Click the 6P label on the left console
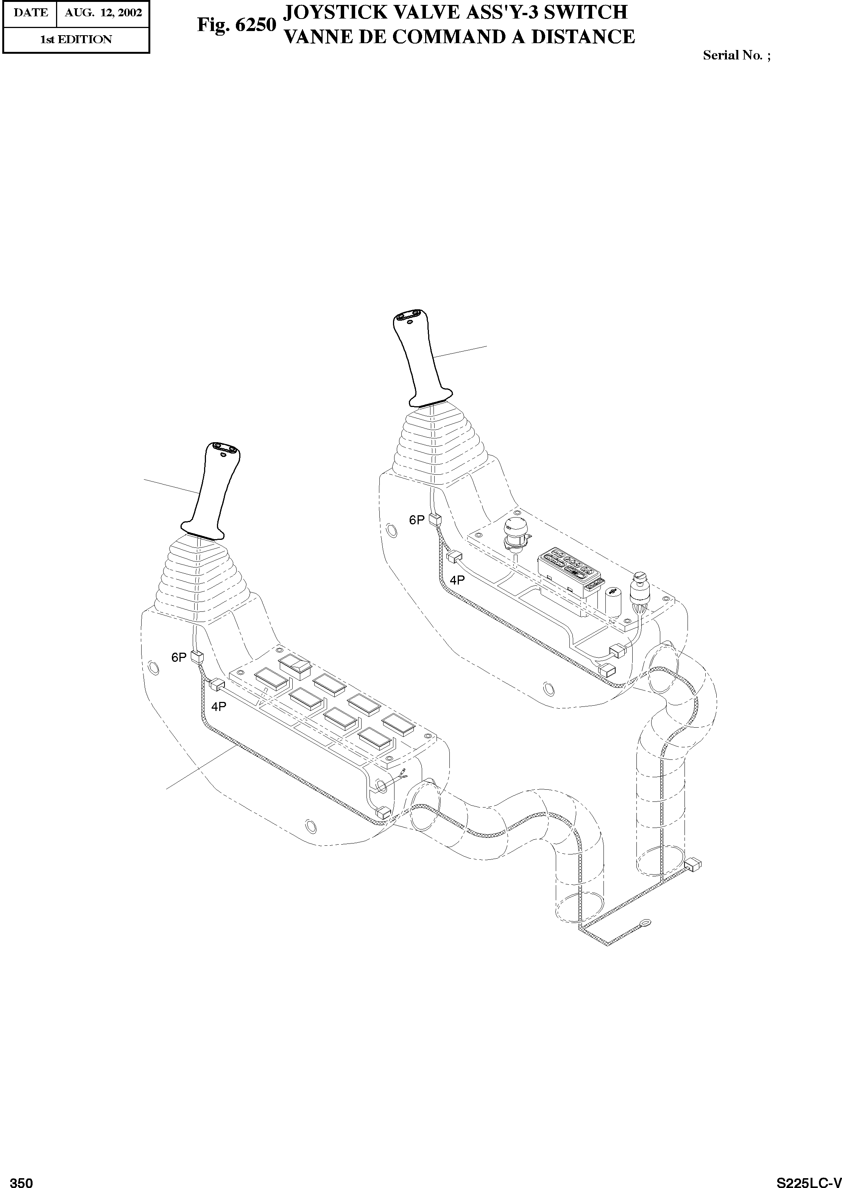178,658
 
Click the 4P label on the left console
218,706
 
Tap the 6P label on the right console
417,520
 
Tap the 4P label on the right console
457,580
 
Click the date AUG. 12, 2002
103,13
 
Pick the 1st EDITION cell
76,39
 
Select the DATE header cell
30,13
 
